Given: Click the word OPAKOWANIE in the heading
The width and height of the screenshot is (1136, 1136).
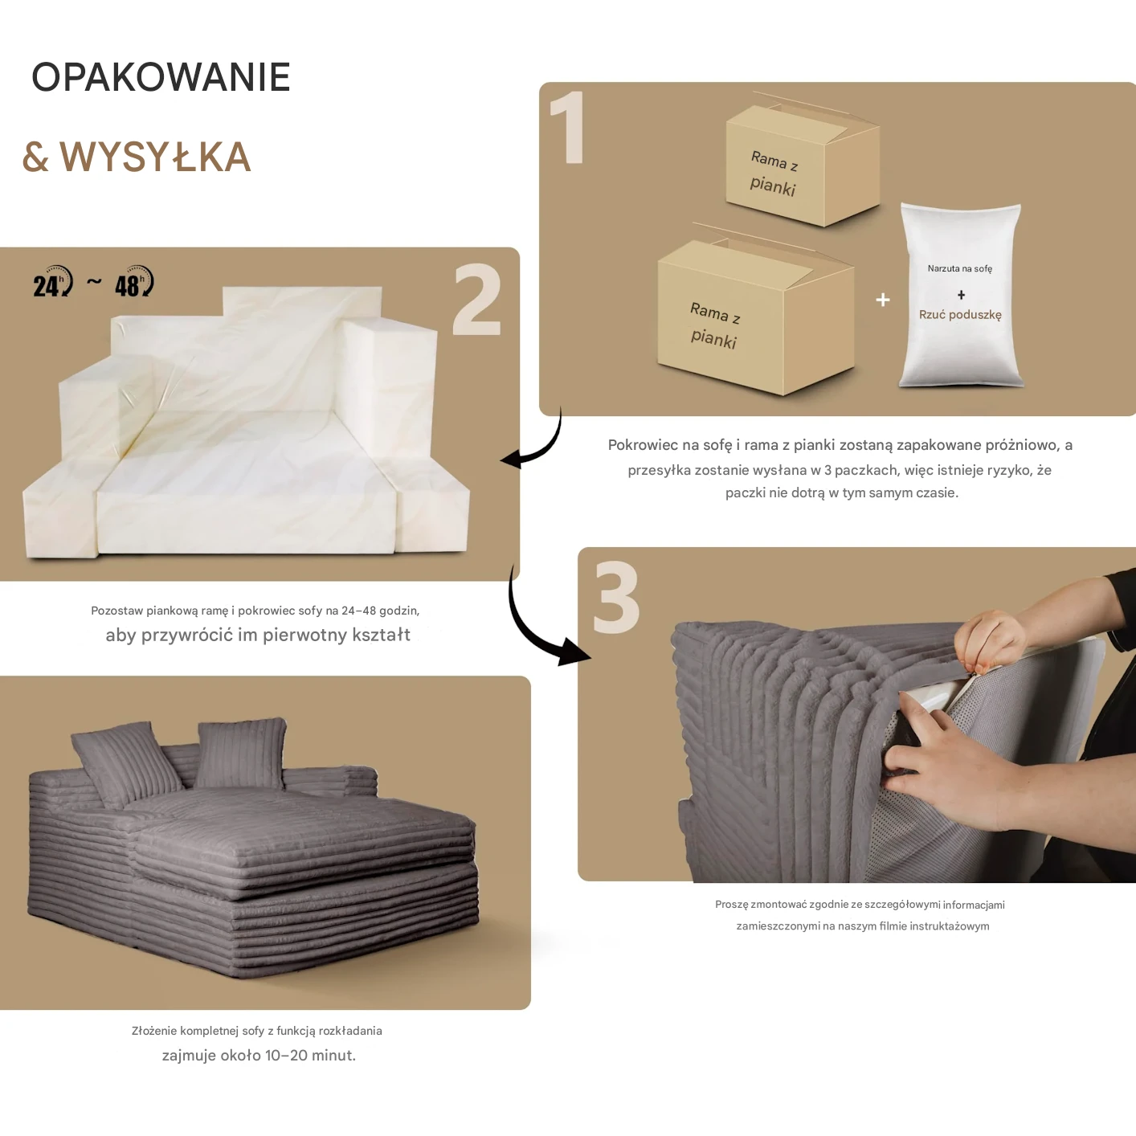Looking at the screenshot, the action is click(x=161, y=77).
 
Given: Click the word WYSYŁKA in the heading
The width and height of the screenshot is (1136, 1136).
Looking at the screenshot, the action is click(x=156, y=157).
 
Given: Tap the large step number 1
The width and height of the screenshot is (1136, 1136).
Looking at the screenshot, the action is click(x=568, y=127).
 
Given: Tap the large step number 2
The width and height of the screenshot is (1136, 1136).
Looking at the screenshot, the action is click(x=477, y=300).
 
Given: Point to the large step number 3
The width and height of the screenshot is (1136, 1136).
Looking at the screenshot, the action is click(x=616, y=597).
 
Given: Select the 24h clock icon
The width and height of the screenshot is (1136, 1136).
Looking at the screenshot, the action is click(x=53, y=281).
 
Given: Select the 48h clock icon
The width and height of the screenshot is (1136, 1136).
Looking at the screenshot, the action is click(x=134, y=281).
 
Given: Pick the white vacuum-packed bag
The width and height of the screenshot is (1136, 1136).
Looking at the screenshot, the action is click(x=961, y=296).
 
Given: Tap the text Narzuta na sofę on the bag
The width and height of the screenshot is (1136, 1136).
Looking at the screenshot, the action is click(x=960, y=269).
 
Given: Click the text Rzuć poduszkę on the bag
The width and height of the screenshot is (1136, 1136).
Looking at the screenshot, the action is click(x=960, y=315).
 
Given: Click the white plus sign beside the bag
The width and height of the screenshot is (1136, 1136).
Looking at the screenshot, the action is click(x=882, y=300).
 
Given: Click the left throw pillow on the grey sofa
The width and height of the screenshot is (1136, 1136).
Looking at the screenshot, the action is click(x=125, y=764).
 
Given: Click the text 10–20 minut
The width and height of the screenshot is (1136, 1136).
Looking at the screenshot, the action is click(x=310, y=1055).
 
